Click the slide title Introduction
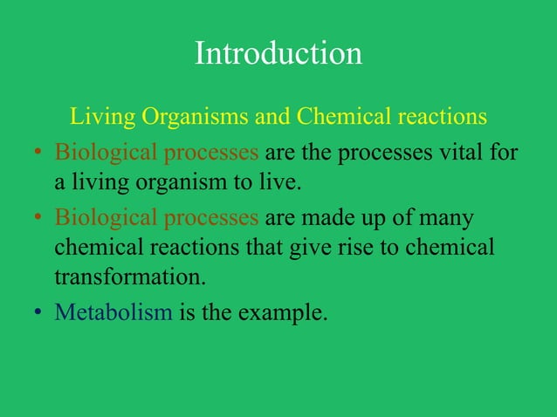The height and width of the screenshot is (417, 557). (x=278, y=54)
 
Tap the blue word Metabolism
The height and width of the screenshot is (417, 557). (x=113, y=311)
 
